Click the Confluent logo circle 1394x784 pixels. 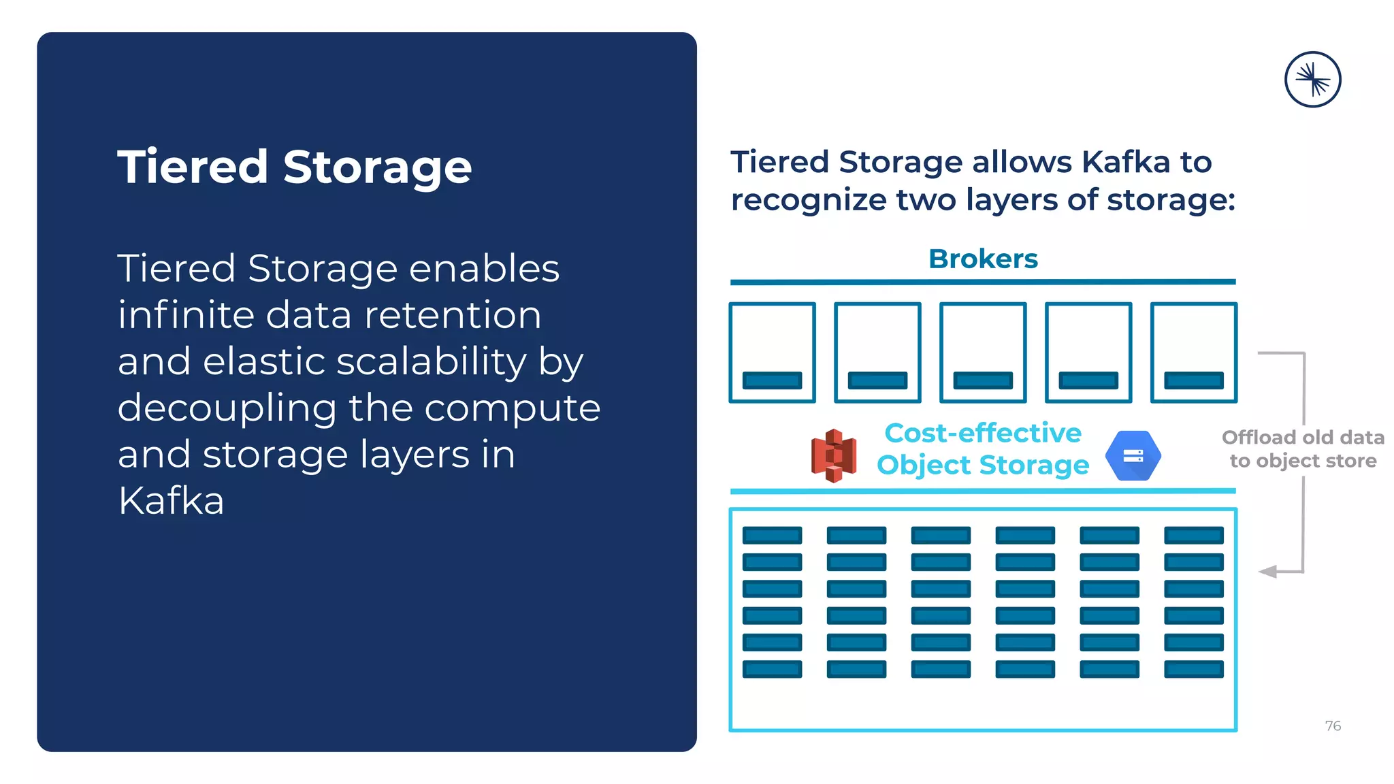click(x=1312, y=80)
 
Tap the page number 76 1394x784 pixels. click(x=1333, y=726)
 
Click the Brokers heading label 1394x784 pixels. click(x=983, y=259)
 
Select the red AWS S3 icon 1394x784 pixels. click(x=833, y=455)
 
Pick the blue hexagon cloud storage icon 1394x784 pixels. click(x=1133, y=456)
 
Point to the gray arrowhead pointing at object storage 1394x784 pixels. click(x=1267, y=572)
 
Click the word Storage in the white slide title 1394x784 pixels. click(x=377, y=167)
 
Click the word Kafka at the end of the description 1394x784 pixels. click(x=171, y=501)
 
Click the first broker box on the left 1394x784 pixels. click(x=772, y=353)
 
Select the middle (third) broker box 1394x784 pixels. click(x=983, y=353)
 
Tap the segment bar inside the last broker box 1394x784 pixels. click(x=1193, y=380)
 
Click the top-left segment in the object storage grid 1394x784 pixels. click(x=772, y=536)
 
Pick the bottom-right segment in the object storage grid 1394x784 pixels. click(x=1193, y=669)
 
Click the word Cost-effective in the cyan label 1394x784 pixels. click(x=982, y=433)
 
